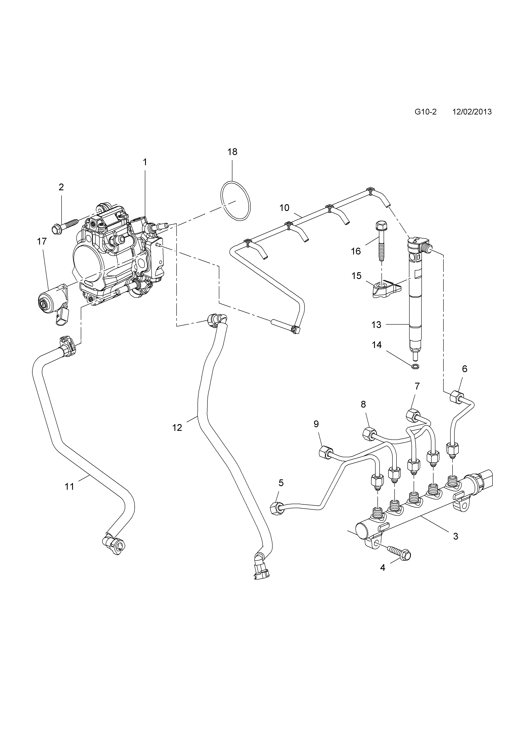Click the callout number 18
tap(232, 152)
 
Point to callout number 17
tap(42, 241)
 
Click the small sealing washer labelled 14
tap(416, 366)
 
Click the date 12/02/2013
tap(472, 112)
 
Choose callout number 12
tap(177, 428)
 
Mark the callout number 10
tap(284, 208)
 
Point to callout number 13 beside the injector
tap(376, 325)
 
